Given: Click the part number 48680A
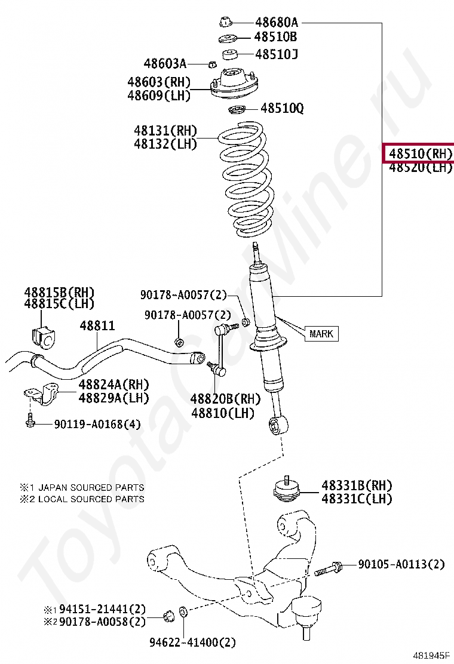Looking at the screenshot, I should [277, 23].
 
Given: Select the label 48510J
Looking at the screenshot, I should [277, 54].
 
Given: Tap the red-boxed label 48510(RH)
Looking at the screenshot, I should [418, 153].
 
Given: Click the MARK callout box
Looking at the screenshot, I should [321, 334].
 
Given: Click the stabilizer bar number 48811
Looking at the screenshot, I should [98, 326].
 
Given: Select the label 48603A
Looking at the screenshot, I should [165, 63].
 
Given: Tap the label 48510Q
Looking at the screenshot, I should [281, 109].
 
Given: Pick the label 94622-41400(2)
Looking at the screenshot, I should [192, 643].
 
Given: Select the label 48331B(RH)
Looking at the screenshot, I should [357, 485].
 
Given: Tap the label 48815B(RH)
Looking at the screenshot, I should [59, 292].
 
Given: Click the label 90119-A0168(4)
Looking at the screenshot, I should [97, 425].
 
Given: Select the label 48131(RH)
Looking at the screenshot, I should [165, 131].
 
